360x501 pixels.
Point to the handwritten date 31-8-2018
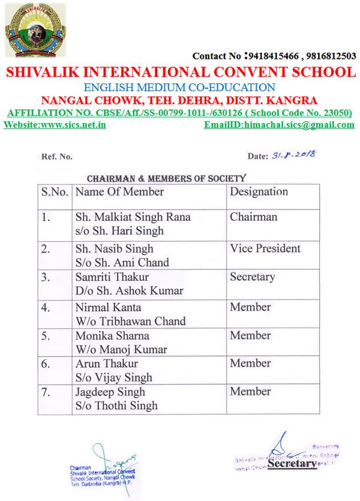click(293, 155)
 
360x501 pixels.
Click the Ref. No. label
click(57, 157)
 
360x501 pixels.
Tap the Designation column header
click(259, 192)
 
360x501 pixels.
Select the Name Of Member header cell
click(119, 192)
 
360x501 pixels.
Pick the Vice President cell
click(265, 248)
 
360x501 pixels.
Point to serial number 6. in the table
click(46, 364)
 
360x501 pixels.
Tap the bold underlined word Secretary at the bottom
click(292, 464)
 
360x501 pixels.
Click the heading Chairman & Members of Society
click(166, 178)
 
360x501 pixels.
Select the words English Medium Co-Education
click(179, 86)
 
